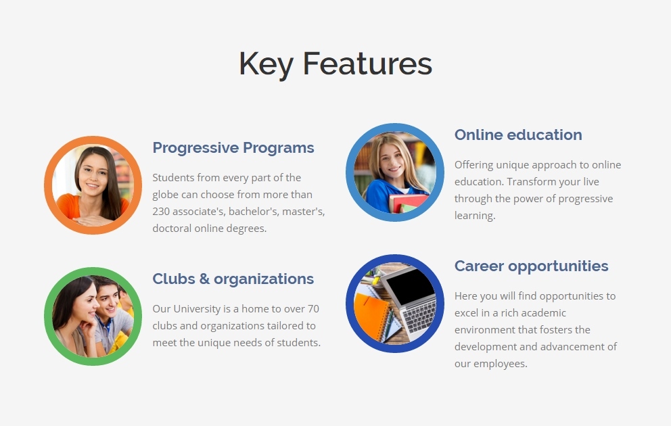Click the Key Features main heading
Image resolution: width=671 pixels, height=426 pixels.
(x=335, y=64)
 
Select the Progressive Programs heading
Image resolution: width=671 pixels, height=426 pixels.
(x=233, y=148)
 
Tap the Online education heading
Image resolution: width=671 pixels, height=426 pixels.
(x=518, y=135)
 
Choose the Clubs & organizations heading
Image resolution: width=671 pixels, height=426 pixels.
(x=233, y=279)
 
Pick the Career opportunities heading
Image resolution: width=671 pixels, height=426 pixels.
(x=531, y=266)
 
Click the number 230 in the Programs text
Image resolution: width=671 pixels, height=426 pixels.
(x=161, y=211)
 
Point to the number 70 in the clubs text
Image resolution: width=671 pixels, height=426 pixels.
(x=313, y=309)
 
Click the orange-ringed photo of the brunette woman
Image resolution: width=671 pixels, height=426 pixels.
(x=93, y=185)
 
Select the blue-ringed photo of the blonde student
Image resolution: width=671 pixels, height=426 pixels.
(x=395, y=172)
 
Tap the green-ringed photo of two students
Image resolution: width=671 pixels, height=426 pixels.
(x=93, y=316)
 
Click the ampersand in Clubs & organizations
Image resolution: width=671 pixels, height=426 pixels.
(x=204, y=279)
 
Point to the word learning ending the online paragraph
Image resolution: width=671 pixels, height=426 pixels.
(x=475, y=216)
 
